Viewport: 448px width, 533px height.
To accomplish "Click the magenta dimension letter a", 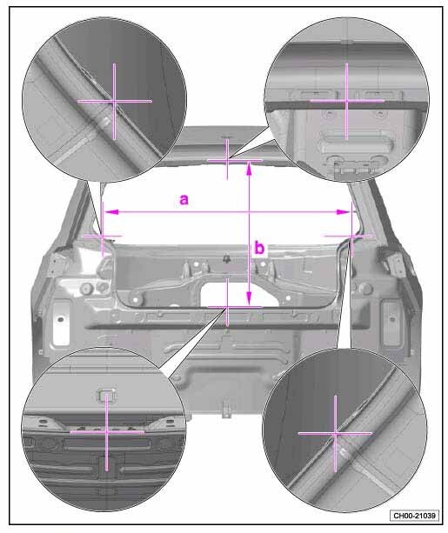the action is tap(184, 200).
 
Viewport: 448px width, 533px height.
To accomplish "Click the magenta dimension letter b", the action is tap(259, 248).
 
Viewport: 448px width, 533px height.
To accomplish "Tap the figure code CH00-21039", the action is tap(414, 516).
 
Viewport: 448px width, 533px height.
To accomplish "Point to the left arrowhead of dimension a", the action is tap(110, 212).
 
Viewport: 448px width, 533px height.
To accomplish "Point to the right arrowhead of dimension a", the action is tap(343, 212).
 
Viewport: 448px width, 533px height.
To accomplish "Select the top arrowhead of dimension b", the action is tap(250, 168).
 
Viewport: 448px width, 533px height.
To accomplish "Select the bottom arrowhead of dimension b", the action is tap(250, 299).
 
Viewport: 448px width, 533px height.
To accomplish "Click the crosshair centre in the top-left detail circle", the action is tap(114, 101).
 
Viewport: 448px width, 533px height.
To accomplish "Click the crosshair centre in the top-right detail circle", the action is tap(346, 101).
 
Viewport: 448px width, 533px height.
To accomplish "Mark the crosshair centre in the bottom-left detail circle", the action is tap(107, 432).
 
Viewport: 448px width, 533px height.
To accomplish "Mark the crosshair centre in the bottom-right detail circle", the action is tap(336, 433).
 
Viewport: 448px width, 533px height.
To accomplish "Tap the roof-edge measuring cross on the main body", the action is tap(227, 160).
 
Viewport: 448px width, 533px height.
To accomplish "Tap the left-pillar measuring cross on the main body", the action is tap(103, 236).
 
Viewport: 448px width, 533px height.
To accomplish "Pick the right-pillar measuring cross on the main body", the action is tap(351, 236).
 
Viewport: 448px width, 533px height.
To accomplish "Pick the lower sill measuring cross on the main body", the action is tap(227, 307).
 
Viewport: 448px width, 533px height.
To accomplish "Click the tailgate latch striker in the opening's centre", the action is tap(225, 259).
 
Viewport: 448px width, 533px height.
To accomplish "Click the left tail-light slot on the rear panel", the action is tap(61, 322).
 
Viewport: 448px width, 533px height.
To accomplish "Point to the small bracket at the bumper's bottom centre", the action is tap(226, 410).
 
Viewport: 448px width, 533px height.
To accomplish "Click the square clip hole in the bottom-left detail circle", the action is tap(107, 394).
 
